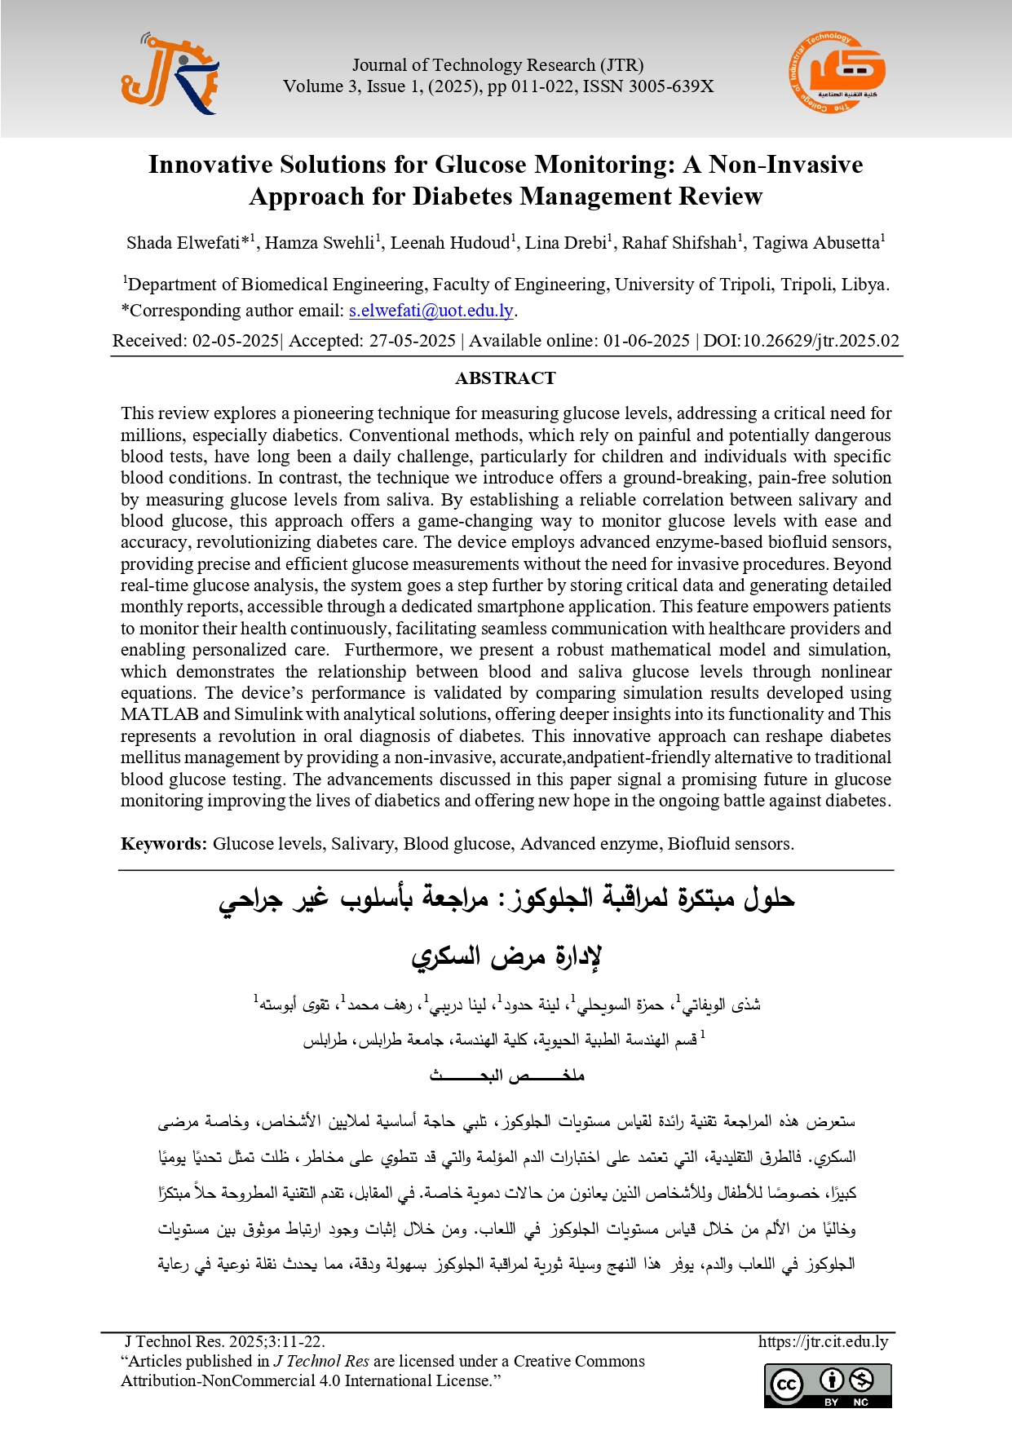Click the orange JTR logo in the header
pos(170,75)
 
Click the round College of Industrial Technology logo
pos(837,73)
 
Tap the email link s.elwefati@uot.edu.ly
pos(431,311)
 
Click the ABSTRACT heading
pos(506,378)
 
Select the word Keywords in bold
pos(164,844)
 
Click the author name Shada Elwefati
pos(183,243)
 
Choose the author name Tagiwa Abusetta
pos(815,243)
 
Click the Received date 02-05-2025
pos(235,341)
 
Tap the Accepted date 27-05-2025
pos(412,341)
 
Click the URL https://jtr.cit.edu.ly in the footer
pos(823,1341)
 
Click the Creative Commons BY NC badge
pos(828,1386)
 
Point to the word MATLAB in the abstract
pos(159,714)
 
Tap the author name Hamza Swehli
pos(319,243)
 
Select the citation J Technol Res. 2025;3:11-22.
pos(224,1341)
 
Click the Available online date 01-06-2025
pos(646,341)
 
